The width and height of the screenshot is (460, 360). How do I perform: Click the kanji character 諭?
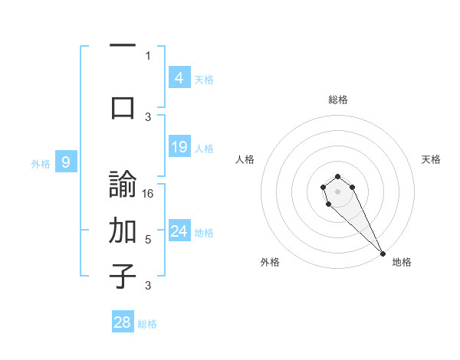pyautogui.click(x=123, y=186)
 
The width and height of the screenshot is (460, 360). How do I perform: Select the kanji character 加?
pyautogui.click(x=123, y=230)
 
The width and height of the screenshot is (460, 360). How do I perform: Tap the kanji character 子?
pyautogui.click(x=123, y=276)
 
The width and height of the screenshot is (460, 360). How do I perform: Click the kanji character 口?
pyautogui.click(x=123, y=107)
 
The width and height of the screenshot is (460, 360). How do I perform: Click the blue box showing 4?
pyautogui.click(x=179, y=77)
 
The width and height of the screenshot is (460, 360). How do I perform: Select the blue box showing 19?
pyautogui.click(x=179, y=146)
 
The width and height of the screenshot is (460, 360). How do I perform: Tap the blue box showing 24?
pyautogui.click(x=179, y=231)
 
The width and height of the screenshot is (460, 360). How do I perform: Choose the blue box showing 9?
pyautogui.click(x=66, y=162)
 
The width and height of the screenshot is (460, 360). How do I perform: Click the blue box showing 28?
pyautogui.click(x=123, y=322)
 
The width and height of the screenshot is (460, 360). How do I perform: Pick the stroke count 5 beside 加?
pyautogui.click(x=148, y=239)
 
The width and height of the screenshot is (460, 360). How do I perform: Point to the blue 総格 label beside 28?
pyautogui.click(x=147, y=324)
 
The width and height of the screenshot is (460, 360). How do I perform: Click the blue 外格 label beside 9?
pyautogui.click(x=41, y=163)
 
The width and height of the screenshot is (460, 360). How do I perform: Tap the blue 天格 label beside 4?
pyautogui.click(x=204, y=79)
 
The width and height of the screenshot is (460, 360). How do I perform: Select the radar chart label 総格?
pyautogui.click(x=337, y=100)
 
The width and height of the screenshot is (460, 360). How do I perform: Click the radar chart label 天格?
pyautogui.click(x=431, y=159)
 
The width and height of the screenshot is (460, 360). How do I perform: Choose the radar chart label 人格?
pyautogui.click(x=245, y=159)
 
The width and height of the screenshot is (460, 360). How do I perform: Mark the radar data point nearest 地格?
pyautogui.click(x=383, y=254)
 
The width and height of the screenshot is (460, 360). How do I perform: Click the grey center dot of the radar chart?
pyautogui.click(x=337, y=191)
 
